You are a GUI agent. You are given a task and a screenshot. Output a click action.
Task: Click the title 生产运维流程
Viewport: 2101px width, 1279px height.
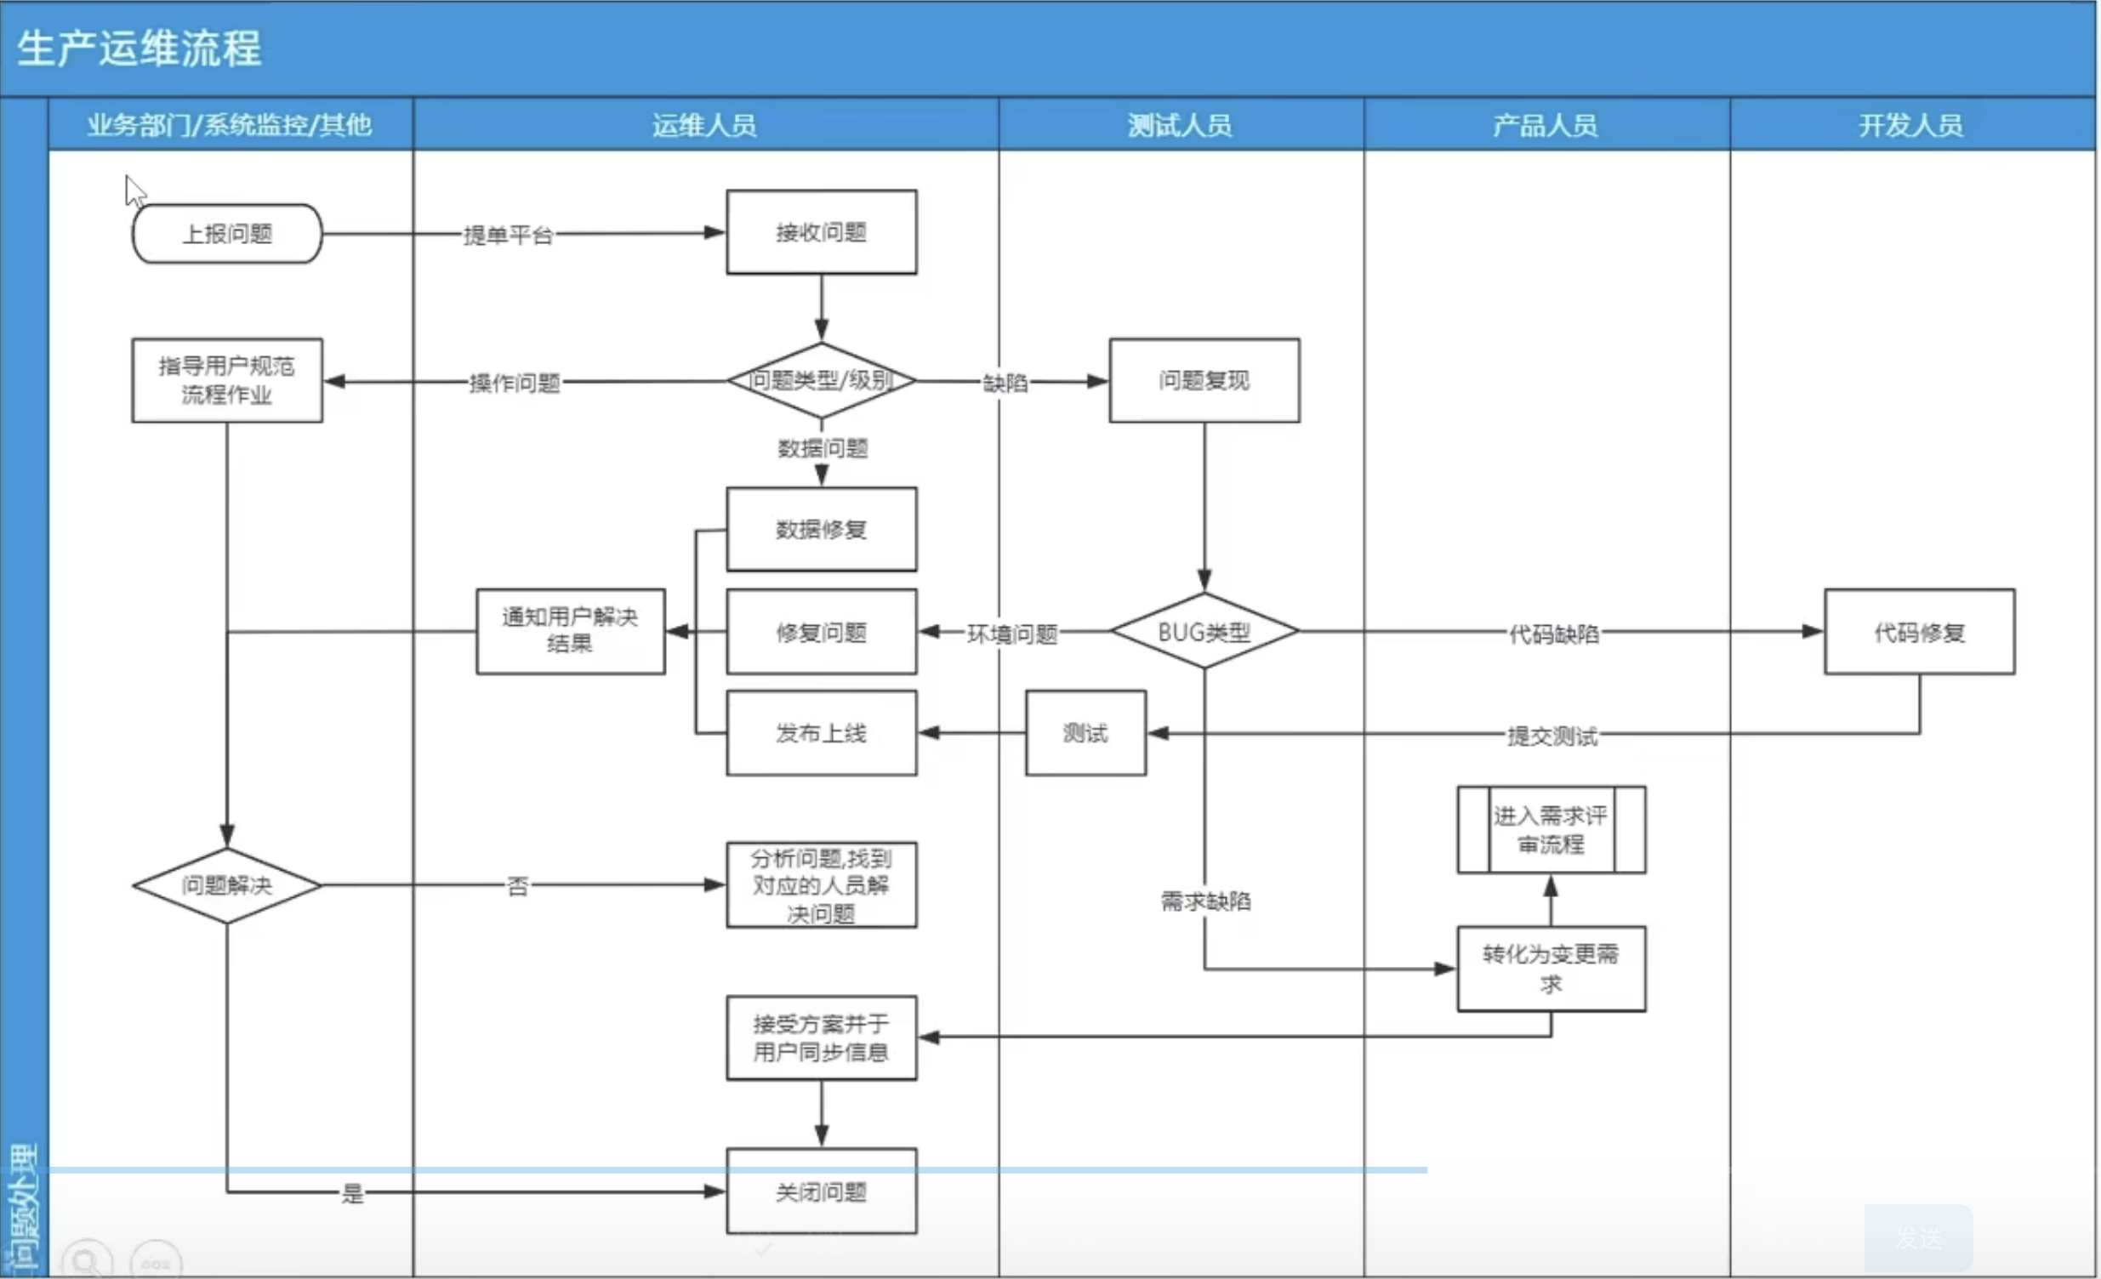[139, 48]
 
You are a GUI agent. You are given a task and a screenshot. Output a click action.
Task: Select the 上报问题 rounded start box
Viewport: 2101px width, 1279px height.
[227, 234]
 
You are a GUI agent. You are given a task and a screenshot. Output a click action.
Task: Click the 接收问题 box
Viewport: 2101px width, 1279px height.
[821, 232]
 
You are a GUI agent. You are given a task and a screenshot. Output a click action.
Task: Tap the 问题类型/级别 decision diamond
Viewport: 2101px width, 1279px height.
[821, 380]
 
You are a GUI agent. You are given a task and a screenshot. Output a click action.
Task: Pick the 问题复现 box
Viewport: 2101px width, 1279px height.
[1204, 380]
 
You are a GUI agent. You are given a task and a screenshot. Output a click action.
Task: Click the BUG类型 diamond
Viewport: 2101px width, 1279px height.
[1204, 632]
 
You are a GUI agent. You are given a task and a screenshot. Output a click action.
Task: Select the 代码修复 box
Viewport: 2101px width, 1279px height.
[1919, 632]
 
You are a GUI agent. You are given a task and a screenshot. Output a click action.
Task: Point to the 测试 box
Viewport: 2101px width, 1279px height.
[1085, 733]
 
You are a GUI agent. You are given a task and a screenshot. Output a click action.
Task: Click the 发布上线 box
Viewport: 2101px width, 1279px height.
[821, 733]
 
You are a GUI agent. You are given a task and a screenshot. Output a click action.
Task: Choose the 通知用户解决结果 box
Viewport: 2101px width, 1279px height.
[570, 631]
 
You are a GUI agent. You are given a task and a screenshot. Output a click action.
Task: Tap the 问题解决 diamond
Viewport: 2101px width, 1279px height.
[227, 885]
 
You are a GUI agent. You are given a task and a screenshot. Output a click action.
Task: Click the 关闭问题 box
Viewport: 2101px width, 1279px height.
[821, 1191]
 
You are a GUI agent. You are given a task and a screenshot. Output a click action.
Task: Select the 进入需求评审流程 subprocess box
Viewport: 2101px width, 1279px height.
[1551, 830]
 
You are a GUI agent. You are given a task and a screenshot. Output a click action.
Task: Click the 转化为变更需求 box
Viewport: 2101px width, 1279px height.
[1551, 969]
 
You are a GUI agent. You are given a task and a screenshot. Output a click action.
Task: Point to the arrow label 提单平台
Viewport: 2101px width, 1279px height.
[508, 235]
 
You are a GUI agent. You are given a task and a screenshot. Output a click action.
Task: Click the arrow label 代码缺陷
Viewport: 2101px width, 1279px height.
[1553, 634]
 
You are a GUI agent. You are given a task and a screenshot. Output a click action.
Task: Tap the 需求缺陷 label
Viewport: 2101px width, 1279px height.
[1205, 901]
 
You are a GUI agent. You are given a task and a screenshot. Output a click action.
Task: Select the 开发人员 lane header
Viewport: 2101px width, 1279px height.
[1910, 125]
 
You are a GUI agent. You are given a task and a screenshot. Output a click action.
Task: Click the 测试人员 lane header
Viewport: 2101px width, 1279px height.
[1180, 125]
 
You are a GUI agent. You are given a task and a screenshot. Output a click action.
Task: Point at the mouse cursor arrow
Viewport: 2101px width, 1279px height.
[134, 191]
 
